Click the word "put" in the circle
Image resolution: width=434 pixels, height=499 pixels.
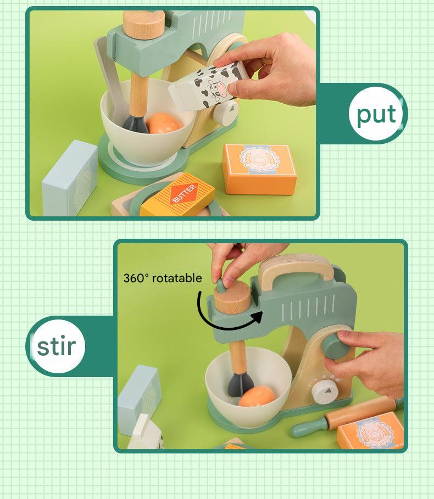376,114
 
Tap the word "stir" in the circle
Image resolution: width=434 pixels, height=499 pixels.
57,346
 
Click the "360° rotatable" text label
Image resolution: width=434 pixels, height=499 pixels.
163,278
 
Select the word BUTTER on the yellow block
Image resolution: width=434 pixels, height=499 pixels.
184,193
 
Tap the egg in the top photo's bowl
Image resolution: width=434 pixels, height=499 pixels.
163,123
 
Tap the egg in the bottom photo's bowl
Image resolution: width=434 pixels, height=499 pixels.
257,396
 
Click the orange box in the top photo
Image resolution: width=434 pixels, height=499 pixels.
259,169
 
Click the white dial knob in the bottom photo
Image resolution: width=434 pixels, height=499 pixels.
325,391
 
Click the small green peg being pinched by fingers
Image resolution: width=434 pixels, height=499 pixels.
221,285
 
